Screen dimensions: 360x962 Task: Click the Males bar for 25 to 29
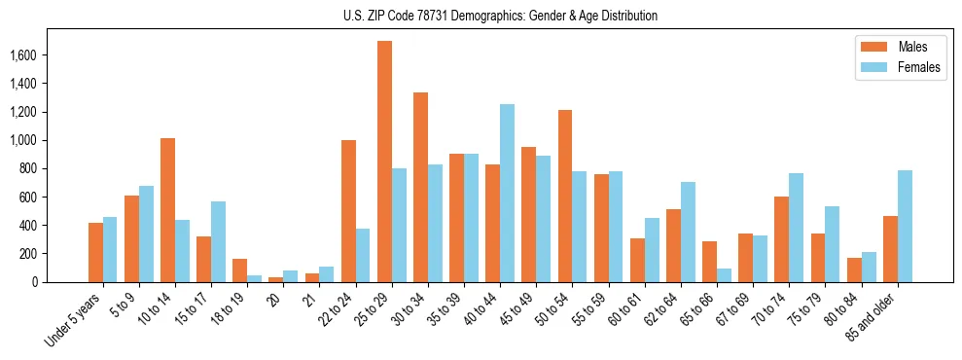[x=385, y=162]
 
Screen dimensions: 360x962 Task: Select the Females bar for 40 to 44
[x=508, y=193]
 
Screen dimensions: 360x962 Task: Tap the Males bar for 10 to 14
[x=168, y=210]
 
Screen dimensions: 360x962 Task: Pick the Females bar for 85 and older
[x=906, y=226]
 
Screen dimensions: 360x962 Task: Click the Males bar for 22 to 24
[x=349, y=211]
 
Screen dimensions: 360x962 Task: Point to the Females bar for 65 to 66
[x=725, y=275]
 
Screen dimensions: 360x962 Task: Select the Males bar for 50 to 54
[x=565, y=196]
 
